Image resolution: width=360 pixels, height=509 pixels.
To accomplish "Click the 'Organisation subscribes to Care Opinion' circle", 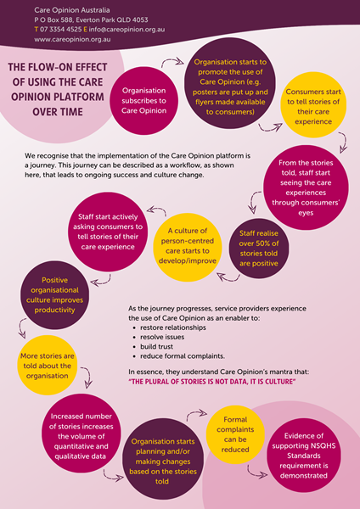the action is (144, 101).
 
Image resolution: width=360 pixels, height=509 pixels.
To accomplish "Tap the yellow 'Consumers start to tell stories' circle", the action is (313, 105).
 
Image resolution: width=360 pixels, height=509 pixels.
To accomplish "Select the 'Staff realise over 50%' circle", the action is (259, 249).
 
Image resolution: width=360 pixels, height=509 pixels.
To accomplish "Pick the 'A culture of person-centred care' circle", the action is (188, 248).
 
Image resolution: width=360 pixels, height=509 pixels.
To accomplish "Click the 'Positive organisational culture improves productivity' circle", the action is (54, 295).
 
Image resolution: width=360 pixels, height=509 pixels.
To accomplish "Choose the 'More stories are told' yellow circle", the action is (47, 365).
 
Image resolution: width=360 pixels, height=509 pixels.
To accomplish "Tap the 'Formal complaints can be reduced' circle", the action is (235, 434).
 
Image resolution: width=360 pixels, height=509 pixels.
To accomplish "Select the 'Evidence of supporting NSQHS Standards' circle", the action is (304, 456).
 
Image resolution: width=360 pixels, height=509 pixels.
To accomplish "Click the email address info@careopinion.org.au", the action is (127, 30).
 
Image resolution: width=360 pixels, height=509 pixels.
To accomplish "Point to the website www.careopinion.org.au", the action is (72, 40).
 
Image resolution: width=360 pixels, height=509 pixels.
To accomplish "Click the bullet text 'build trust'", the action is (156, 347).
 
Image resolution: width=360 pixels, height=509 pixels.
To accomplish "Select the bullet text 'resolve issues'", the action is (162, 337).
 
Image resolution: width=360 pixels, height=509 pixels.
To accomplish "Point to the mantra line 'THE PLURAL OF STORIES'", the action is (212, 382).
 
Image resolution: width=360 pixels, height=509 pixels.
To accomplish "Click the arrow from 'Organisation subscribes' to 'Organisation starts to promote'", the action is (172, 60).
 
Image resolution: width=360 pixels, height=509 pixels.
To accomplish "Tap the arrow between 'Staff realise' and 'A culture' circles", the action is (228, 278).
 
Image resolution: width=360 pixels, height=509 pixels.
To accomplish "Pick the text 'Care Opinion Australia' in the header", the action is (72, 10).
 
